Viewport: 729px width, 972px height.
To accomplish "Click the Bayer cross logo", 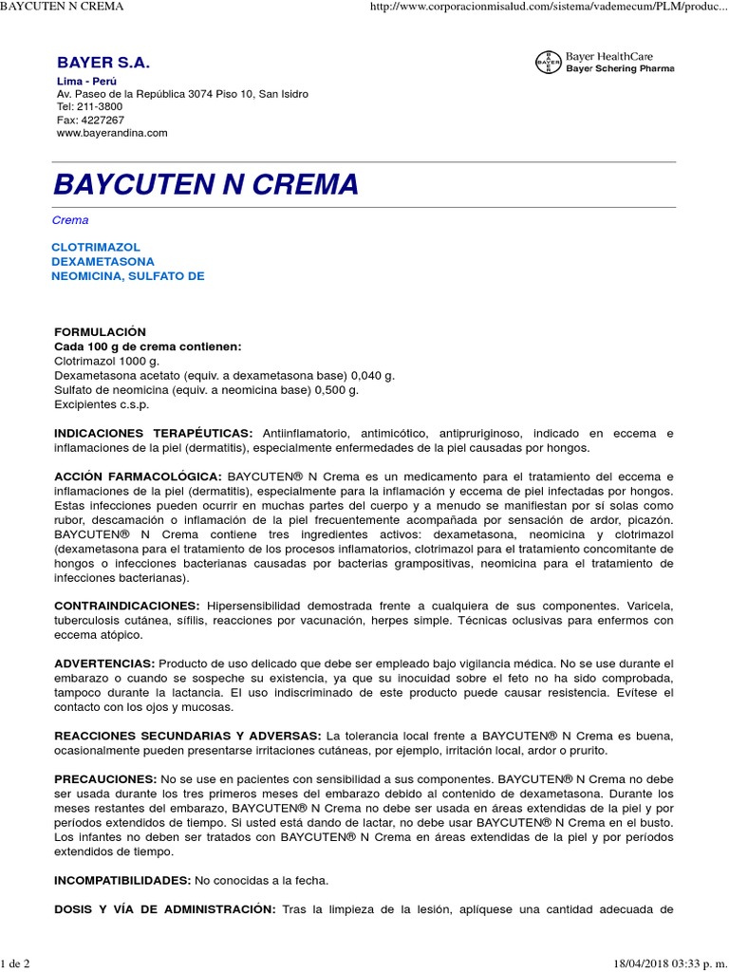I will (x=549, y=63).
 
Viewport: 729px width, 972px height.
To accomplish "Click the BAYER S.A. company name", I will (x=103, y=63).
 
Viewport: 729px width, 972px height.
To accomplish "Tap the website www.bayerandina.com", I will (x=112, y=133).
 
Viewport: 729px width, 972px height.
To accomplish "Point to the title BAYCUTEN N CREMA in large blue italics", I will (x=206, y=184).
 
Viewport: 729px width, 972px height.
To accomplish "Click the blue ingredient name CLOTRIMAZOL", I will (x=96, y=247).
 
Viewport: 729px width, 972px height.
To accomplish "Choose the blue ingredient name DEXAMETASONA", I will (x=103, y=261).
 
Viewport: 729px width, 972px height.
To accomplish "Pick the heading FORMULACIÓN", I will (x=101, y=332).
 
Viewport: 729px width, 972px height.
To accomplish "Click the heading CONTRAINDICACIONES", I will (x=127, y=606).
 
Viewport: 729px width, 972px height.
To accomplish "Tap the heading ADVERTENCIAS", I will (x=104, y=663).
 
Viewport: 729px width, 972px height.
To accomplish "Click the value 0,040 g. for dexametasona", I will (x=365, y=376).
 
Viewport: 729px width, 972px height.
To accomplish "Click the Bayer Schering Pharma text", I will (x=620, y=69).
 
